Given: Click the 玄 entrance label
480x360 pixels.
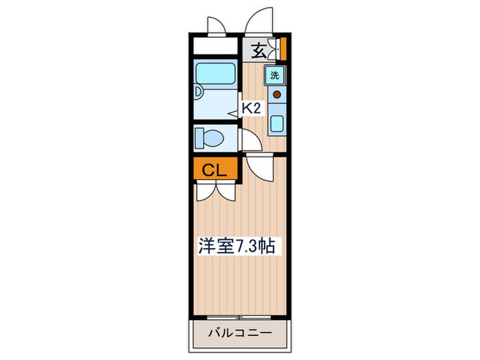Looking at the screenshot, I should coord(258,50).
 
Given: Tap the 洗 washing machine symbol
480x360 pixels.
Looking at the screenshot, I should coord(274,75).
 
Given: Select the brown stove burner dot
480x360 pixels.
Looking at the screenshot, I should coord(277,95).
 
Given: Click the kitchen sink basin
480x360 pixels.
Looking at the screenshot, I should coord(277,124).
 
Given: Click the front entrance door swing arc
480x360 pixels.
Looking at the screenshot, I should coord(261,21).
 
